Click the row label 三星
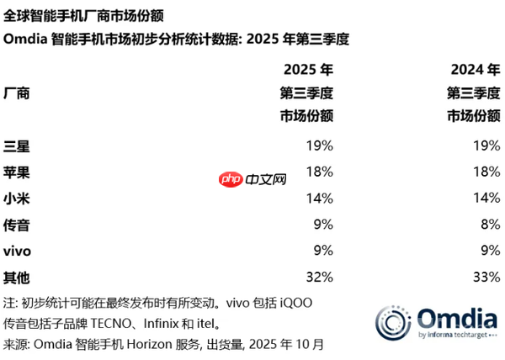(x=17, y=146)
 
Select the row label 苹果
(x=17, y=172)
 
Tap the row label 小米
(x=17, y=198)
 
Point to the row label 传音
(x=17, y=224)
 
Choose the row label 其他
(x=17, y=276)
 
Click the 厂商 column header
(x=17, y=93)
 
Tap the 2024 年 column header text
(x=475, y=69)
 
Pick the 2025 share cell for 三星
(x=320, y=146)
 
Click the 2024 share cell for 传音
(x=492, y=224)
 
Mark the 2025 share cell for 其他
(x=320, y=276)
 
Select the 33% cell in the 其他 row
(x=488, y=276)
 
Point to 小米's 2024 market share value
(x=488, y=198)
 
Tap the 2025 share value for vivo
(x=323, y=250)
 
